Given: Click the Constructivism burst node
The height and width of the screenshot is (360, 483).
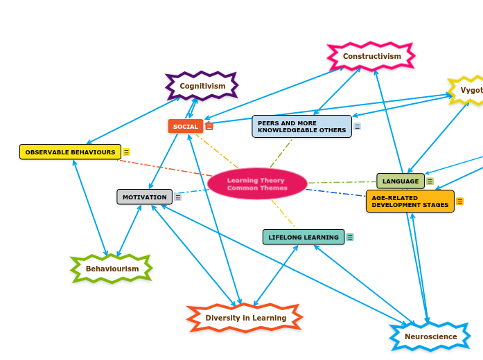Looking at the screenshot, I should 371,56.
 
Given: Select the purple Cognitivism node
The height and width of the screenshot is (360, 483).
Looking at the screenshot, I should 202,86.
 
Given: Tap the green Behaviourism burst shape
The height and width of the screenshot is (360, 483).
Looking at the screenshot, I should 112,269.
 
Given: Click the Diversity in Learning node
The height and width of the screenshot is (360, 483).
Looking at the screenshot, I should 245,318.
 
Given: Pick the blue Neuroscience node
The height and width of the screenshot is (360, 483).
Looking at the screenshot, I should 430,336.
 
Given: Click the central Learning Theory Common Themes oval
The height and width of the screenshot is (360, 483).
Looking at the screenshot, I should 257,184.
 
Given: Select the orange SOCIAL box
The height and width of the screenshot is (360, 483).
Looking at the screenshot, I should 185,127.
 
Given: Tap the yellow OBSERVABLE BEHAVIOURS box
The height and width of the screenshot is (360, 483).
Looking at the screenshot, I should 70,152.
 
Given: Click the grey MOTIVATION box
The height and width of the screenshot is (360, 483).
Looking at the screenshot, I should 144,197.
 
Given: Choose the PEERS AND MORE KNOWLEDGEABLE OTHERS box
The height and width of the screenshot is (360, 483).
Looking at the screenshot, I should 301,127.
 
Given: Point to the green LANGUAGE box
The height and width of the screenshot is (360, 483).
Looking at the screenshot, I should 400,181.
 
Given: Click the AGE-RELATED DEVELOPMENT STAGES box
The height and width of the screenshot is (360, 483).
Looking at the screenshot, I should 410,201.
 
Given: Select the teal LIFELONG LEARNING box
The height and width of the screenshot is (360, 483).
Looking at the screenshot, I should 304,237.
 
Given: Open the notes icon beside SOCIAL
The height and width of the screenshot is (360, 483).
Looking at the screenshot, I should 209,127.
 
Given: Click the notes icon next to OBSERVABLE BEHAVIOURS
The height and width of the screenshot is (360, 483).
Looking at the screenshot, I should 126,152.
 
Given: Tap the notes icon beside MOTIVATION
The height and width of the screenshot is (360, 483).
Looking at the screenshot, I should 178,197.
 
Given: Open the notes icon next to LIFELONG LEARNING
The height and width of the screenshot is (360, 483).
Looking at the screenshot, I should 350,237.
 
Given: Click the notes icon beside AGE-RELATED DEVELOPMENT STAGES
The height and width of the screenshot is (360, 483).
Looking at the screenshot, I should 459,201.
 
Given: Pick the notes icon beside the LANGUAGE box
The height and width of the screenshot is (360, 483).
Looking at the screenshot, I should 430,181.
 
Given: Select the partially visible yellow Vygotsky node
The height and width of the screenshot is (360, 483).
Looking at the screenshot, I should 468,91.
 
